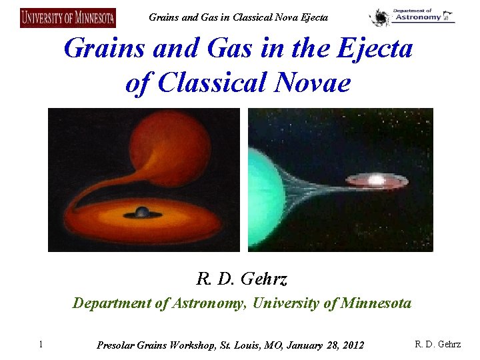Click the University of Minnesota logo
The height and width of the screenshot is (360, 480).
pos(68,17)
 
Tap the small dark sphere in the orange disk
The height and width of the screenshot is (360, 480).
pos(142,212)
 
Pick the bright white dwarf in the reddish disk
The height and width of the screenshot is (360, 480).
pos(376,180)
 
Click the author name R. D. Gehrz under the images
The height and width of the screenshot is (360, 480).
pos(241,278)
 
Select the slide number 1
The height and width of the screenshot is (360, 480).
pos(41,345)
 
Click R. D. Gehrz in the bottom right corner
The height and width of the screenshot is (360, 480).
pos(437,345)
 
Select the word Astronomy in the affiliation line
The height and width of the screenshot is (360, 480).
pos(207,304)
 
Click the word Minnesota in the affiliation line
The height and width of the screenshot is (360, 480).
pos(376,304)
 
